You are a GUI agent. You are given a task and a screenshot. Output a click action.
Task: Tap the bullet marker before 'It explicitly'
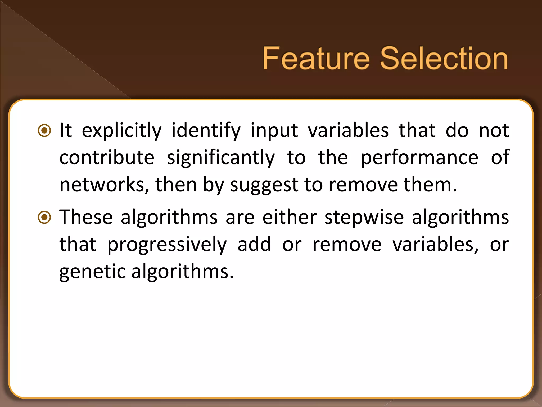[x=44, y=130]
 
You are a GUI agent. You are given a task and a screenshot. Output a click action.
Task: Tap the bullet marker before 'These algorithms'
[x=44, y=217]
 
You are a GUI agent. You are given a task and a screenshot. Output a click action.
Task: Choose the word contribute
[x=107, y=158]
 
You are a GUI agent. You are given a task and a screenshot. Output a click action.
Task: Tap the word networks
[x=102, y=185]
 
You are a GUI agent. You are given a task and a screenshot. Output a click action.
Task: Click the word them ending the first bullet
[x=427, y=185]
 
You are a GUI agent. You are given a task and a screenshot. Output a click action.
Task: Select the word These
[x=86, y=217]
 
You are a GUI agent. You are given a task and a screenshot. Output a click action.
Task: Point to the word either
[x=290, y=217]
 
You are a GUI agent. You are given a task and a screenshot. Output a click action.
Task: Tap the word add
[x=254, y=244]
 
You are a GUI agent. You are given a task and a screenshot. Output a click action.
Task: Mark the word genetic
[x=92, y=272]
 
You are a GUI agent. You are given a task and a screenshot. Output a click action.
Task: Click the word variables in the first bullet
[x=348, y=130]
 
